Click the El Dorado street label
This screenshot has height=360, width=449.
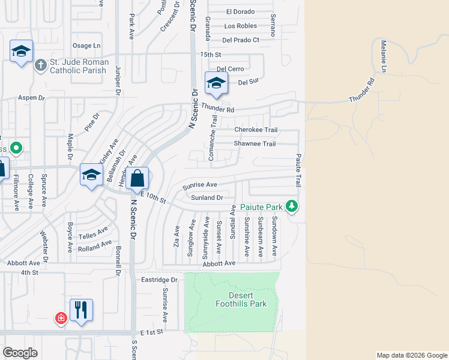pos(240,11)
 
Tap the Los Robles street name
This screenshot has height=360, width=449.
pos(240,26)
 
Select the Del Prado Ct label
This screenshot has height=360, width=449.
pos(240,40)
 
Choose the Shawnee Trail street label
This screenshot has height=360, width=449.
pos(255,144)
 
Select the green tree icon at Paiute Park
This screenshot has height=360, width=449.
pos(292,206)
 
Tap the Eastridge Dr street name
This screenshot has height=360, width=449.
pos(160,280)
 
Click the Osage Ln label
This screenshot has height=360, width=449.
pos(86,46)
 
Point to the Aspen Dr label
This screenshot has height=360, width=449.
pos(32,97)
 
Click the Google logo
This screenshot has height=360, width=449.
pos(20,352)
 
